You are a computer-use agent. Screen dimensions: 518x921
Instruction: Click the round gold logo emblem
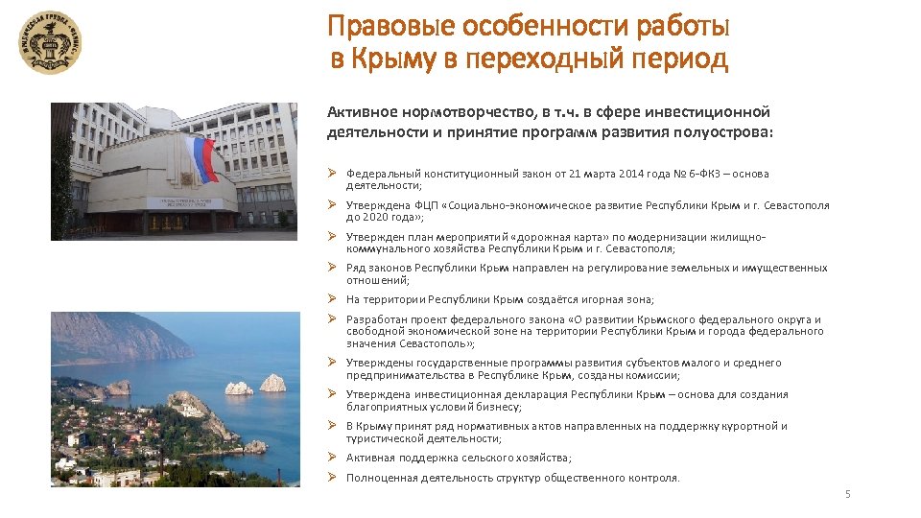point(51,42)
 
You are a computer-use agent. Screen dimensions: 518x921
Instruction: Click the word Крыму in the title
point(396,59)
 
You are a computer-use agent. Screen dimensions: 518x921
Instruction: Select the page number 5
point(847,494)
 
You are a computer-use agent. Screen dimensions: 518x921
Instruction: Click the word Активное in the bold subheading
point(358,112)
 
